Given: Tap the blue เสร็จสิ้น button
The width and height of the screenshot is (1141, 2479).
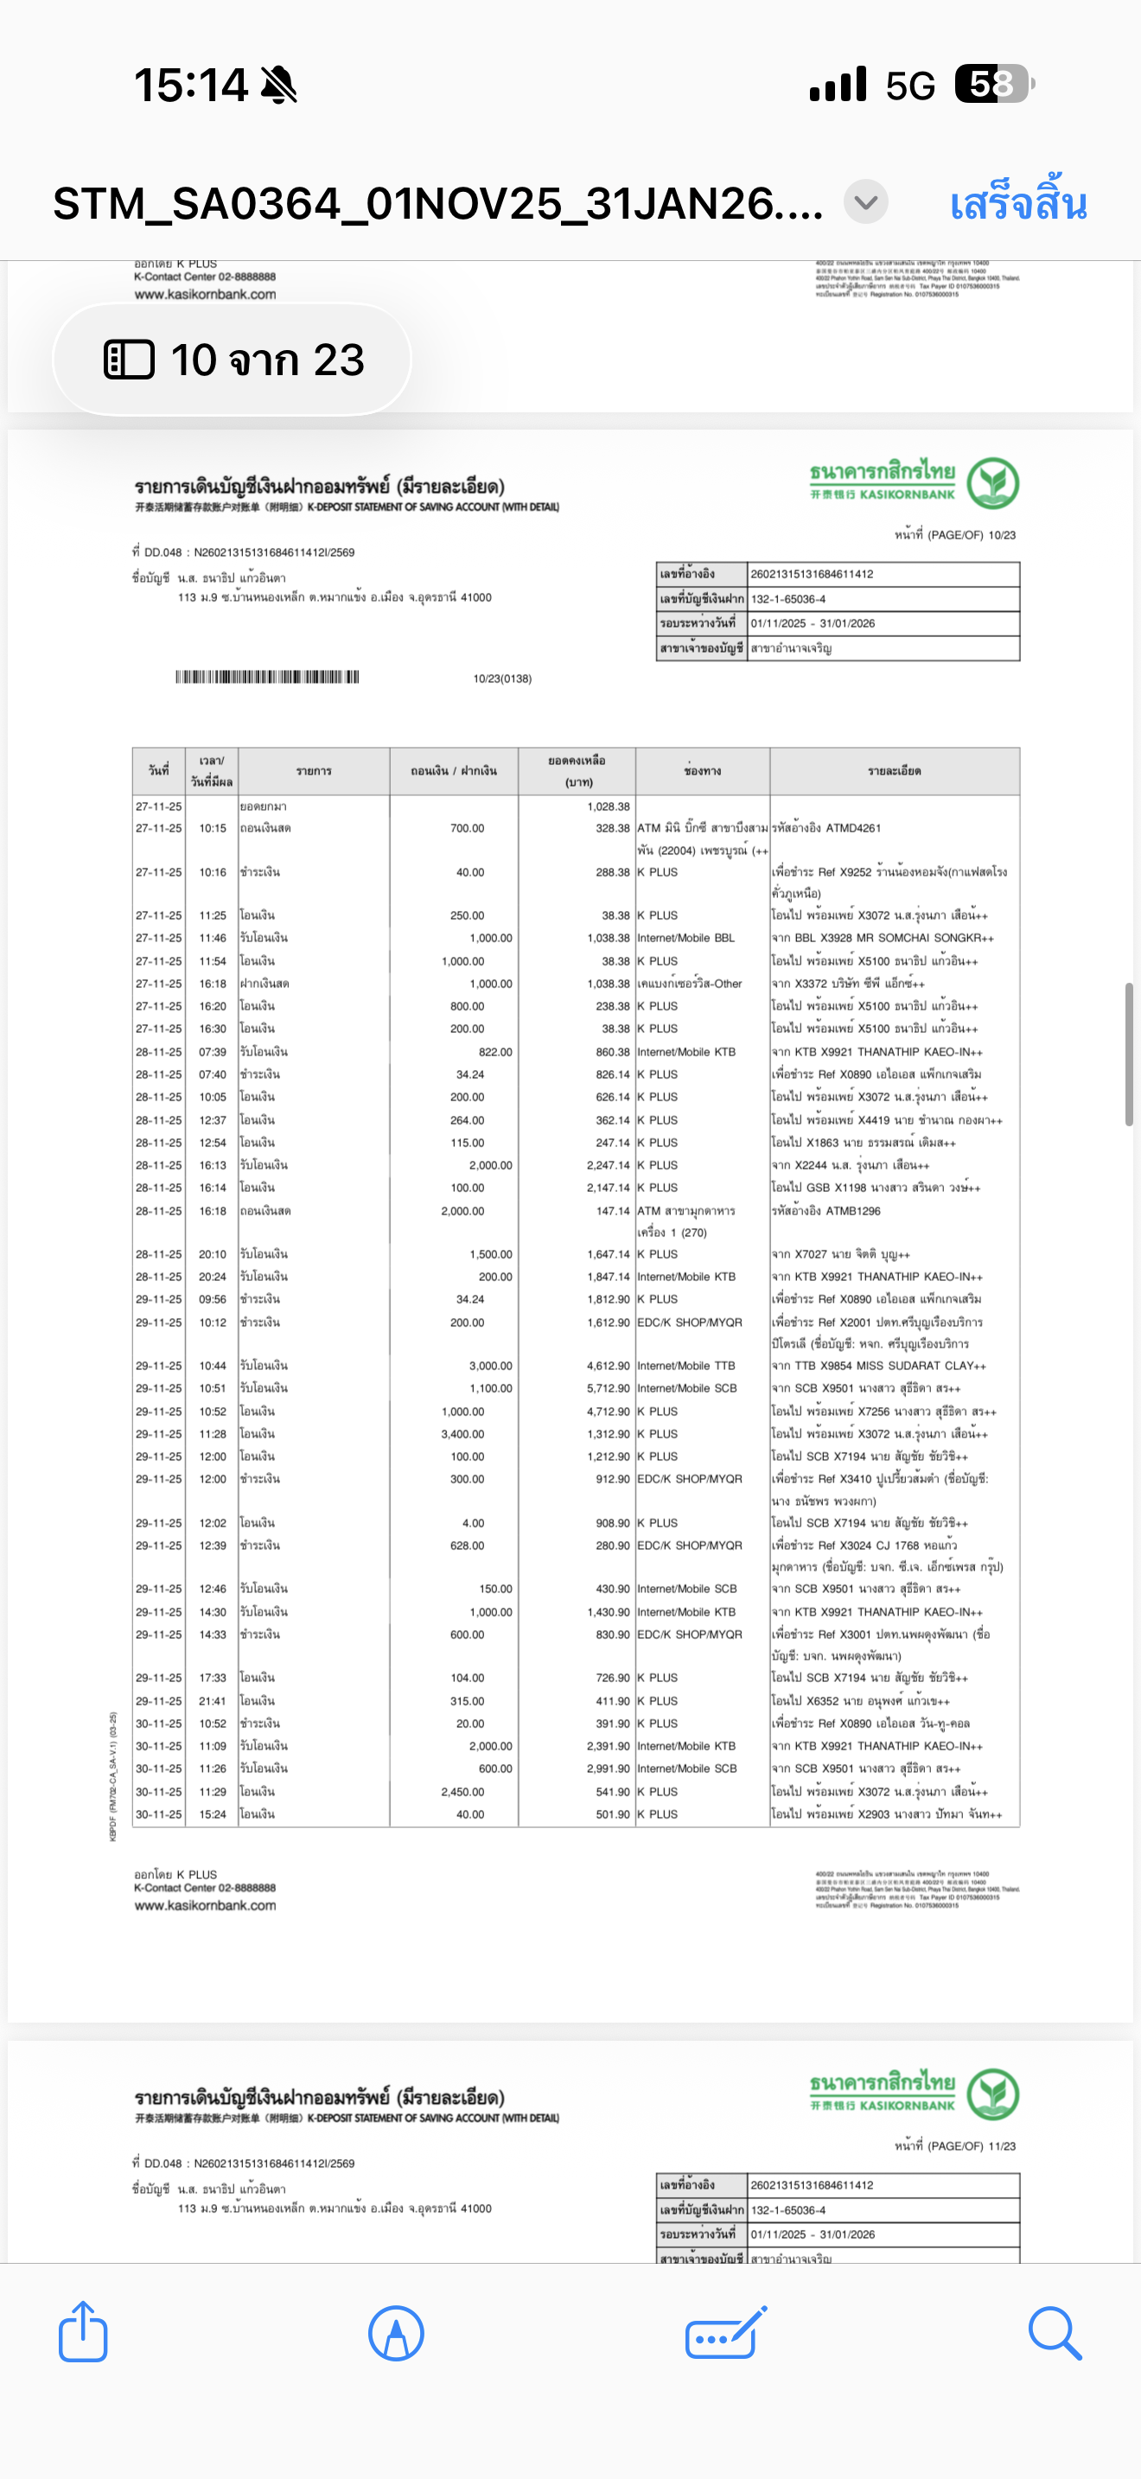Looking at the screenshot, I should coord(1018,204).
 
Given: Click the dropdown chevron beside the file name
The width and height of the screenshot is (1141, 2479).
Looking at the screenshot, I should coord(866,203).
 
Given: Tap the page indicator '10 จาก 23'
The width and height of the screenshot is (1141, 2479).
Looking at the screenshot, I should coord(233,360).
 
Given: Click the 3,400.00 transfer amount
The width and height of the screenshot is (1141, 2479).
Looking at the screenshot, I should coord(462,1434).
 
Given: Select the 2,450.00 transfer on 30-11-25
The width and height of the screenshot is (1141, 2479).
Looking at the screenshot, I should coord(462,1792).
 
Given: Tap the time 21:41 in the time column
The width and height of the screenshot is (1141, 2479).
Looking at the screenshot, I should coord(213,1701).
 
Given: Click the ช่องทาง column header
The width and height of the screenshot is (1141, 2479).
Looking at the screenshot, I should coord(702,771).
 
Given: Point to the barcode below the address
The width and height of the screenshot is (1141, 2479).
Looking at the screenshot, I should coord(266,677).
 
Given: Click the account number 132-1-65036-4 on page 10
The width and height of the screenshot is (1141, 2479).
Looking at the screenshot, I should coord(788,599).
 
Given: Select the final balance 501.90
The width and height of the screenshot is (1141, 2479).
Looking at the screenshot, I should coord(613,1814).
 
